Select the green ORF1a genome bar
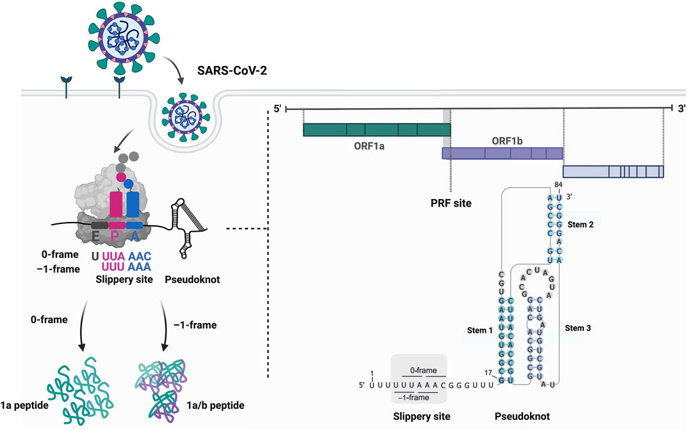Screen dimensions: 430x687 [x=376, y=130]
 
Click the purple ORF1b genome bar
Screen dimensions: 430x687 [x=502, y=154]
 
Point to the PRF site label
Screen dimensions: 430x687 [x=451, y=203]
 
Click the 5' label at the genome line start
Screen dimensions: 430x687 [x=277, y=109]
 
